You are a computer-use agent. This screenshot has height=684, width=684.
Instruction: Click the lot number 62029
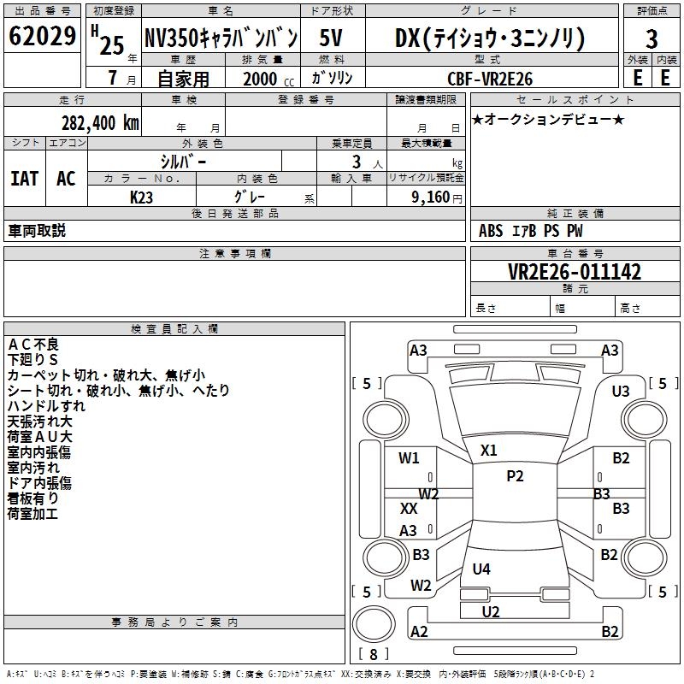[42, 37]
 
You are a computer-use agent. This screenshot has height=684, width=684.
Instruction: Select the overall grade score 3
[652, 38]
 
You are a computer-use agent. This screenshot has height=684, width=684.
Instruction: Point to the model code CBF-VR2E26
[490, 79]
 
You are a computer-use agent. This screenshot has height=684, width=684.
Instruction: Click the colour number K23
[142, 197]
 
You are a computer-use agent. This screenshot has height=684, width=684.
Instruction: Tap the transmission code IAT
[24, 179]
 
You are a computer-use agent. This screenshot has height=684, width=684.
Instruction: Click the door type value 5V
[332, 38]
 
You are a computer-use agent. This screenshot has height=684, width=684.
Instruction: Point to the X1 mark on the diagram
[489, 450]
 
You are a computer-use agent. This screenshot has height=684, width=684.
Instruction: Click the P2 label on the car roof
[515, 476]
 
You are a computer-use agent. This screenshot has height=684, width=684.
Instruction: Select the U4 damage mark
[481, 569]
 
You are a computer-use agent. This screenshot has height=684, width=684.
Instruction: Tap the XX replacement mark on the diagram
[409, 508]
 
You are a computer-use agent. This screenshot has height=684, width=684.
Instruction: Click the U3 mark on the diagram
[621, 391]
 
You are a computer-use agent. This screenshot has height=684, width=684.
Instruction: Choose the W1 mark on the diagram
[410, 458]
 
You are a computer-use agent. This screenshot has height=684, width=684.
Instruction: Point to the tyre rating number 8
[373, 655]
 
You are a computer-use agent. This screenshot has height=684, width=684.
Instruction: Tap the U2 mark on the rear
[491, 611]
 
